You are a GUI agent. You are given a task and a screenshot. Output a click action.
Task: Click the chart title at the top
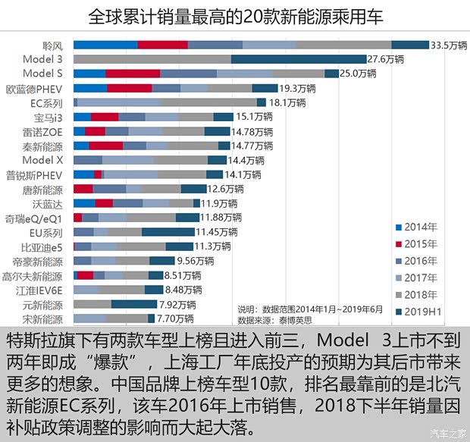pos(235,17)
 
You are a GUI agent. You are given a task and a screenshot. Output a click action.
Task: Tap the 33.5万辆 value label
pos(449,45)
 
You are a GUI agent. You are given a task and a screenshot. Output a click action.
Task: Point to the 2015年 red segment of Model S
pos(133,74)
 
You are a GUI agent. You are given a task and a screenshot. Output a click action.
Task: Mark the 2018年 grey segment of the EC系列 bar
pos(208,102)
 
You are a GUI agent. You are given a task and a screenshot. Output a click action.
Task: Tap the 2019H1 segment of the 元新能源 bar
pos(133,304)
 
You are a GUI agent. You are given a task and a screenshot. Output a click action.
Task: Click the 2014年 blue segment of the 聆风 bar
pos(105,45)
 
